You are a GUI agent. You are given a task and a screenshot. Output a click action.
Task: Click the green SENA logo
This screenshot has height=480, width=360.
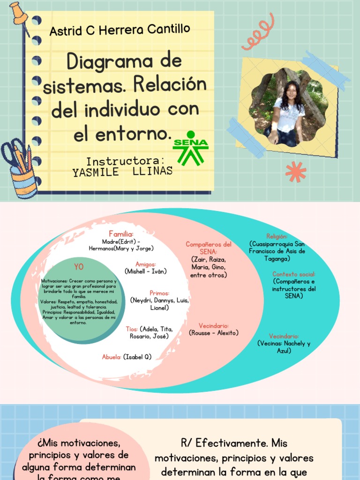pos(190,147)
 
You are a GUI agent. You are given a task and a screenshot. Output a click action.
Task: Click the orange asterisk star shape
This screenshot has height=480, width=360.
pos(295,172)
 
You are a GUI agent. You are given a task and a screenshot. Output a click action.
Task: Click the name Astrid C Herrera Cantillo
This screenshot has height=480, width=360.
pos(120,30)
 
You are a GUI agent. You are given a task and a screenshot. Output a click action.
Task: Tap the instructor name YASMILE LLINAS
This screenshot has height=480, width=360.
pos(123,171)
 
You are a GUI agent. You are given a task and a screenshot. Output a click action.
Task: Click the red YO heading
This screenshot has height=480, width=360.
pos(79,267)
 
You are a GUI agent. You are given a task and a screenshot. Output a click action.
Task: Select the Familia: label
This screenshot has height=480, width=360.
pos(121,234)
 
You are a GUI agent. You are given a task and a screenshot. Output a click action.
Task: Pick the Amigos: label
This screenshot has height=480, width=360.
pos(146,264)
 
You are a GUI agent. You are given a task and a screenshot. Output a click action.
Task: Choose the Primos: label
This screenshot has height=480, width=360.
pos(159,293)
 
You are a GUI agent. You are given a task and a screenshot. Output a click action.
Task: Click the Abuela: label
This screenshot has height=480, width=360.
pos(112,357)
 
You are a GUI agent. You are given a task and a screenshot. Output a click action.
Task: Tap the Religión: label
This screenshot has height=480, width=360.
pos(277,237)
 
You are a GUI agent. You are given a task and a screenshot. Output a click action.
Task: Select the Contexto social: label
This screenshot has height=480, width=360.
pos(294,274)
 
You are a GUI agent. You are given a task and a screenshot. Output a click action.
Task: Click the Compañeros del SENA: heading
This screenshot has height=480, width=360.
pos(209,248)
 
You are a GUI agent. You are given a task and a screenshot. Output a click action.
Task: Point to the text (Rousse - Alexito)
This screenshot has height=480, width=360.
pos(214,333)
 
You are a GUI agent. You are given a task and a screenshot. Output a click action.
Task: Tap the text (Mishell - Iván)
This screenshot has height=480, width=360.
pos(146,271)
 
